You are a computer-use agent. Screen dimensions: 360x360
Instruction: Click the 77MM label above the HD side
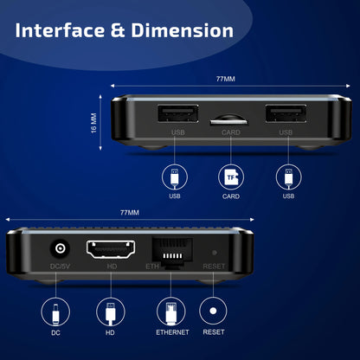point(129,212)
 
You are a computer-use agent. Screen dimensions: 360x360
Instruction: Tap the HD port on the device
point(112,248)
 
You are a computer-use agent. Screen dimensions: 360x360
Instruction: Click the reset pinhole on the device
point(214,253)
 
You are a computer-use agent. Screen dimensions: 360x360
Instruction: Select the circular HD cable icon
point(111,311)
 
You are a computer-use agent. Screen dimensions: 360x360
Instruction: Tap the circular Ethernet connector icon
point(170,311)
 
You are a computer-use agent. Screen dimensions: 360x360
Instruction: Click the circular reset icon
point(214,311)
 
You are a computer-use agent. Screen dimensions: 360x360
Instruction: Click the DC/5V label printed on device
point(61,267)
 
